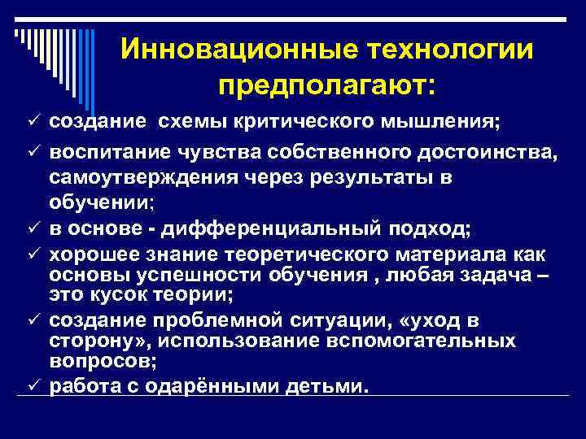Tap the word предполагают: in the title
coord(327,84)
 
